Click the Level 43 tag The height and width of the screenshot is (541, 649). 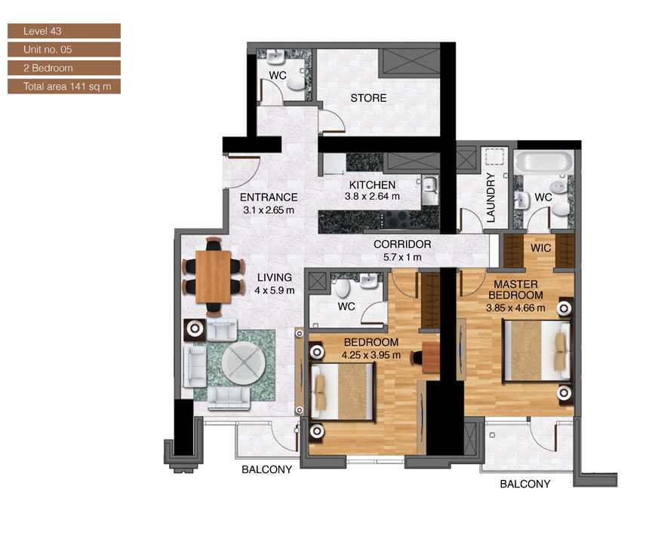coord(63,31)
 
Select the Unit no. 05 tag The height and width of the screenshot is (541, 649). coord(63,50)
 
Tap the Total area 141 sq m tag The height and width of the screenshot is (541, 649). coord(63,87)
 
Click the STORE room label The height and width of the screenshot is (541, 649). coord(368,98)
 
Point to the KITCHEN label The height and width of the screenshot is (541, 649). coord(371,185)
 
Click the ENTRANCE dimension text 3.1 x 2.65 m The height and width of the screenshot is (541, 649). coord(269,210)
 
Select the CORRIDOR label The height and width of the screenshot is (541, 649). coord(402,245)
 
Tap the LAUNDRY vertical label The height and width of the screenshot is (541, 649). coord(491,198)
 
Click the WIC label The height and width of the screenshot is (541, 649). coord(540,247)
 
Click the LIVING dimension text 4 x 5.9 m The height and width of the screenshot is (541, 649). coord(273,290)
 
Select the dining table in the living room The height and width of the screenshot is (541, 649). coord(214,277)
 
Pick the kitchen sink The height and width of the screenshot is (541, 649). coord(429,185)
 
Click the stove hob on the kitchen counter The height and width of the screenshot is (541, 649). coord(397,219)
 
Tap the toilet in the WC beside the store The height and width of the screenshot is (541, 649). coord(298,84)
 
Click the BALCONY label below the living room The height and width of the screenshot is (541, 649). coord(266,470)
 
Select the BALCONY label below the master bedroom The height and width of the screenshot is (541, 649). coord(525,484)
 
